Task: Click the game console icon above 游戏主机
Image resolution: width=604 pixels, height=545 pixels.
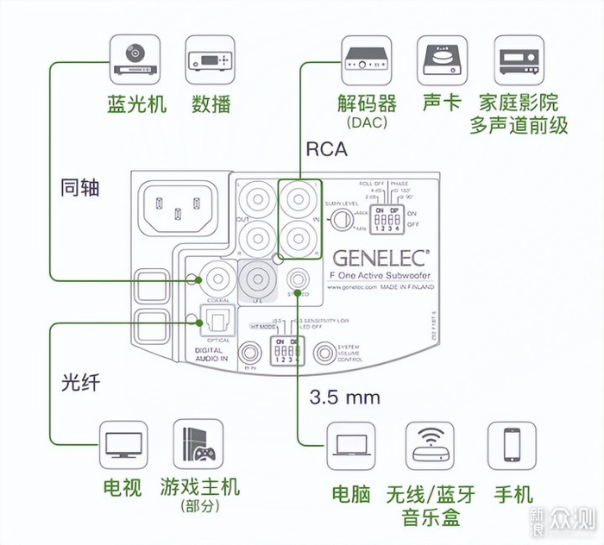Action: pyautogui.click(x=198, y=445)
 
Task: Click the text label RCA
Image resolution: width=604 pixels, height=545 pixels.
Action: pyautogui.click(x=326, y=149)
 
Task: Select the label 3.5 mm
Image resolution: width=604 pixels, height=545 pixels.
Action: pyautogui.click(x=344, y=398)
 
